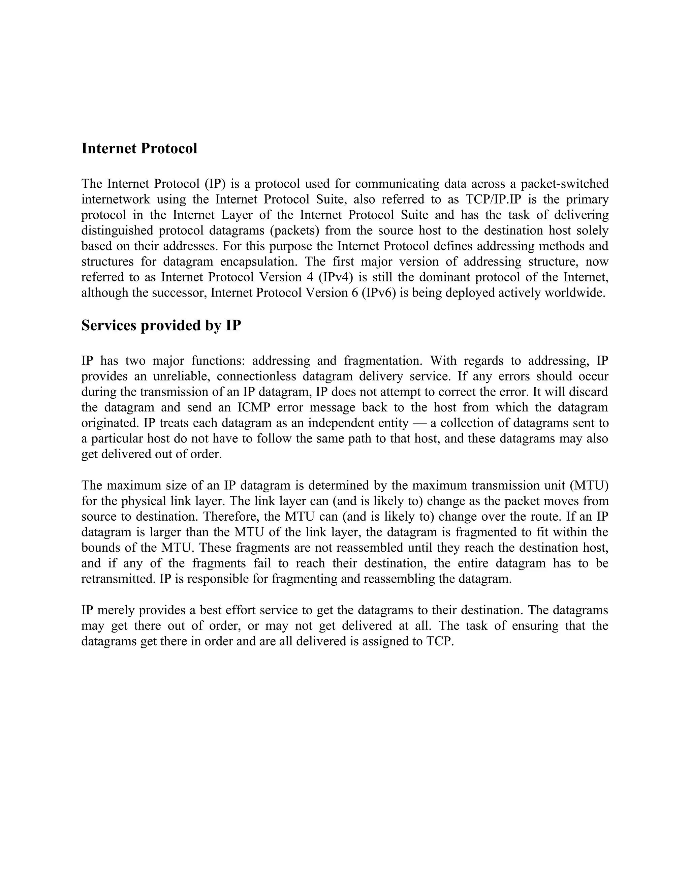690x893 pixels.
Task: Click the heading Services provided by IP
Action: (161, 326)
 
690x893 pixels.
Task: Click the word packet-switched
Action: (565, 184)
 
